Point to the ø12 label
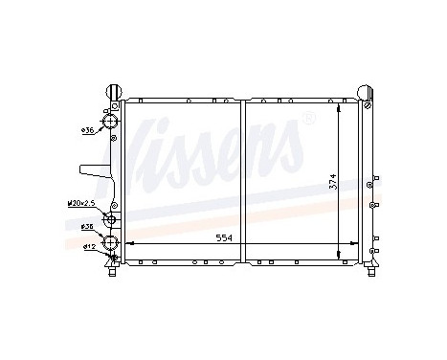pos(88,248)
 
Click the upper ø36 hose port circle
pos(111,124)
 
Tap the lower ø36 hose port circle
pos(111,239)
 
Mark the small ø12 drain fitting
pos(115,256)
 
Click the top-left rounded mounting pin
pos(114,92)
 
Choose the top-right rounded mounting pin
pos(366,92)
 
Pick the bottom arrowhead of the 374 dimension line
pos(338,253)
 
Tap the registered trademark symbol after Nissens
pos(308,119)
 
